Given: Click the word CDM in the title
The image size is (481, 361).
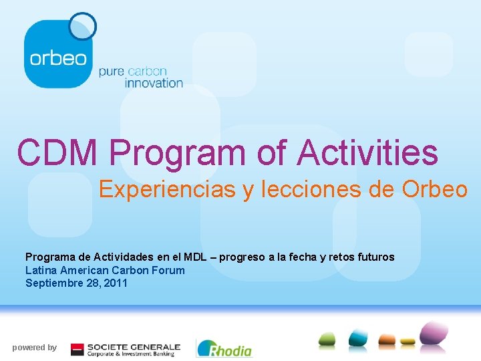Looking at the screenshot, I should click(58, 152).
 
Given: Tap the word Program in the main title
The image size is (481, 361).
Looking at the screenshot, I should click(178, 152).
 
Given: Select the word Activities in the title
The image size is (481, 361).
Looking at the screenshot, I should click(367, 152).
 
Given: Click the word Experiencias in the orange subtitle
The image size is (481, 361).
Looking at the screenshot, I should click(167, 190).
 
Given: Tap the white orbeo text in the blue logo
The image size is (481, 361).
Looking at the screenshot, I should click(58, 57).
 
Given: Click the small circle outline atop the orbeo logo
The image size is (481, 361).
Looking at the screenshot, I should click(83, 26).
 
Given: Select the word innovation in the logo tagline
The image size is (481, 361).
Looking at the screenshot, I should click(140, 83).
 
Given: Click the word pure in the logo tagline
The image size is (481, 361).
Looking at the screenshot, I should click(111, 71).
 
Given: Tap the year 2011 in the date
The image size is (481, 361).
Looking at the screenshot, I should click(115, 283).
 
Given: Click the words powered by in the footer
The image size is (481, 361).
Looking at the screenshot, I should click(34, 347).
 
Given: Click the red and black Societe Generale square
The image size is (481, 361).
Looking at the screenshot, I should click(77, 348).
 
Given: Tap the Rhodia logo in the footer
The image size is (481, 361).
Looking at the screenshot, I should click(224, 348).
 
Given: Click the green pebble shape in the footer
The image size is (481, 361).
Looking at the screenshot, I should click(327, 339).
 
